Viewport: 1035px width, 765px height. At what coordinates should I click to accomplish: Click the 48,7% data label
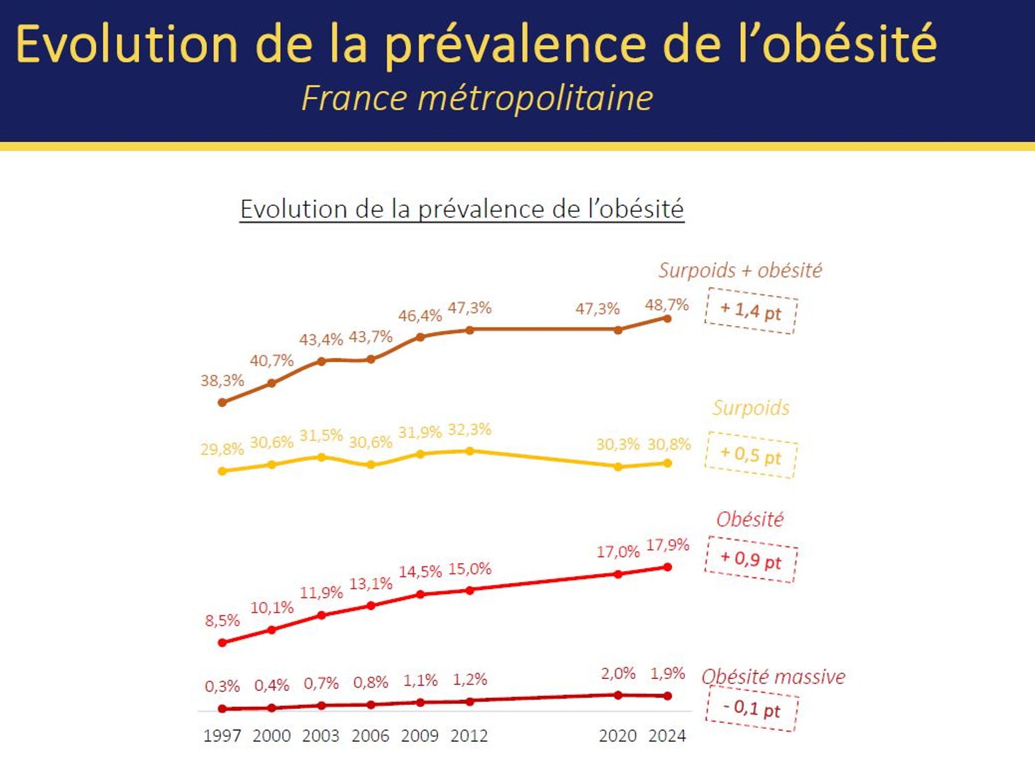[x=667, y=305]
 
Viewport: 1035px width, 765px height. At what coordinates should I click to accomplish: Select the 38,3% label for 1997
[x=222, y=380]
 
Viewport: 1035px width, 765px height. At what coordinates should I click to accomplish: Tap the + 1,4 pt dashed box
[x=751, y=311]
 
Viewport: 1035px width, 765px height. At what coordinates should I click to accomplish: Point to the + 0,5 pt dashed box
[x=751, y=455]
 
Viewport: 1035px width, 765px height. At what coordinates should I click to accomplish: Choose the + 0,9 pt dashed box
[x=751, y=560]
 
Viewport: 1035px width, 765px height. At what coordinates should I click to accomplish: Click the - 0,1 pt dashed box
[x=752, y=708]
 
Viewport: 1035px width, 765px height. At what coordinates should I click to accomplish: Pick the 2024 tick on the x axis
[x=667, y=735]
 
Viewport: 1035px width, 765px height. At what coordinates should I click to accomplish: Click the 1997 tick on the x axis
[x=222, y=735]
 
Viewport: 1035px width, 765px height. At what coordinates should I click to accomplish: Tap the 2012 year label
[x=469, y=735]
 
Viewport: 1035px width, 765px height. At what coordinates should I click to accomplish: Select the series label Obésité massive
[x=773, y=676]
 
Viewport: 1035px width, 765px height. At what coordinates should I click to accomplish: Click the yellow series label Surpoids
[x=751, y=408]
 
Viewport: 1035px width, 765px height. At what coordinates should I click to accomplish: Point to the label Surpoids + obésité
[x=740, y=270]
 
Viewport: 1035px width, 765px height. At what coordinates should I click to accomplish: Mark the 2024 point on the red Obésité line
[x=668, y=567]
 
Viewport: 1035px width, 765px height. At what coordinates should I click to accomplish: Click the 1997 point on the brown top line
[x=223, y=402]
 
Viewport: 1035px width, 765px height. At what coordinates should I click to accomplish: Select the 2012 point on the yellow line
[x=469, y=451]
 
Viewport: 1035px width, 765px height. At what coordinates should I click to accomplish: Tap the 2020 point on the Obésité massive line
[x=618, y=695]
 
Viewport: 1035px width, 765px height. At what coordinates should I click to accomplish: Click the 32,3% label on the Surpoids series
[x=469, y=429]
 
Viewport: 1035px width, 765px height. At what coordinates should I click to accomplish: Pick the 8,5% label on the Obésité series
[x=222, y=620]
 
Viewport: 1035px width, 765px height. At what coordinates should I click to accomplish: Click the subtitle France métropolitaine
[x=477, y=98]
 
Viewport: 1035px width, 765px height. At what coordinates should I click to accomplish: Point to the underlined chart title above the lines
[x=462, y=209]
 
